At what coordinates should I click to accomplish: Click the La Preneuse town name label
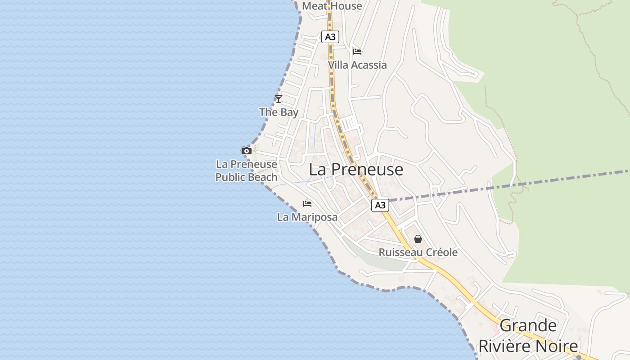pyautogui.click(x=356, y=170)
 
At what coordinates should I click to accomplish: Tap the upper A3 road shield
pyautogui.click(x=330, y=37)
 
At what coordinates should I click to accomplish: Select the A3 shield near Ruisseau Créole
pyautogui.click(x=380, y=205)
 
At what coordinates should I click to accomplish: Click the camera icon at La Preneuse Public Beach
pyautogui.click(x=246, y=151)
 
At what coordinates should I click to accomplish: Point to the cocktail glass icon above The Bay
pyautogui.click(x=279, y=99)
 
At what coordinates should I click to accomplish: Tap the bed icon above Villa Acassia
pyautogui.click(x=357, y=51)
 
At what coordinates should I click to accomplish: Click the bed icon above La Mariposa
pyautogui.click(x=307, y=204)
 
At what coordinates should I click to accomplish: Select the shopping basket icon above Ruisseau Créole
pyautogui.click(x=418, y=239)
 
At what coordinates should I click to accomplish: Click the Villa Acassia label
pyautogui.click(x=357, y=65)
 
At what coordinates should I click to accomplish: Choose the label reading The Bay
pyautogui.click(x=279, y=112)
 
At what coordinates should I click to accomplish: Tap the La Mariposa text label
pyautogui.click(x=307, y=217)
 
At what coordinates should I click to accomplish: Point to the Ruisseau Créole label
pyautogui.click(x=418, y=252)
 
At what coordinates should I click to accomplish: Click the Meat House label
pyautogui.click(x=332, y=6)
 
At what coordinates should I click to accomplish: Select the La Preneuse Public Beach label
pyautogui.click(x=247, y=171)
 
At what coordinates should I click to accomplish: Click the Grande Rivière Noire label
pyautogui.click(x=528, y=336)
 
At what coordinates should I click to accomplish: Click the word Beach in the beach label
pyautogui.click(x=262, y=177)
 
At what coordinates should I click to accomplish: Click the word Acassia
pyautogui.click(x=369, y=65)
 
